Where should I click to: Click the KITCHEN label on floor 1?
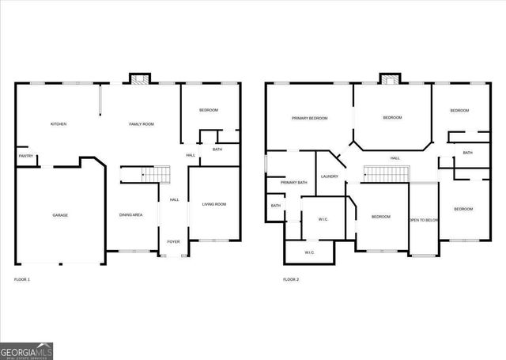tap(59, 124)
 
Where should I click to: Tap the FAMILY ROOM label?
tap(142, 124)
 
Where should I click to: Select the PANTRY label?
tap(25, 157)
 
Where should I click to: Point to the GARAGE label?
tap(60, 215)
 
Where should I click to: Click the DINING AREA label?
tap(130, 215)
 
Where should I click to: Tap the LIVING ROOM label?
tap(214, 204)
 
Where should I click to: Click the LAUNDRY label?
tap(330, 176)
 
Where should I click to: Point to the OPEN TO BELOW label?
tap(424, 220)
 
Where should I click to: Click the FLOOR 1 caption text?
tap(22, 279)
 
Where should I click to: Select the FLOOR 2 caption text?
tap(291, 279)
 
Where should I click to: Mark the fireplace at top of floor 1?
tap(140, 78)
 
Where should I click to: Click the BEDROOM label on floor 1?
tap(209, 110)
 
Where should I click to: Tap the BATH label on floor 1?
tap(217, 149)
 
